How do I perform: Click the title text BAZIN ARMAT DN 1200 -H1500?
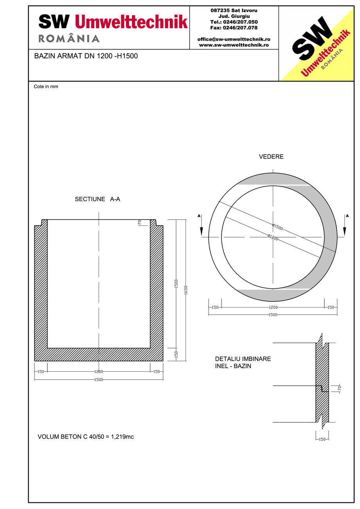tap(86, 56)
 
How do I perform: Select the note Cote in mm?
tap(46, 86)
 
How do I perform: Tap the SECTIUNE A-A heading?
tap(97, 199)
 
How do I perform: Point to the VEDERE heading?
tap(271, 157)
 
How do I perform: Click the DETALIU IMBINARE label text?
tap(243, 359)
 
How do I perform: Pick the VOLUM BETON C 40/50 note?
tap(86, 437)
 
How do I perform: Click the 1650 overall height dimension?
tap(186, 290)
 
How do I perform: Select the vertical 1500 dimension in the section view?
tap(176, 284)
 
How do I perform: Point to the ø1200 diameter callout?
tap(273, 237)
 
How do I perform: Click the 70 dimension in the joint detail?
tap(340, 388)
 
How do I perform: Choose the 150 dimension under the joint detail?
tap(322, 439)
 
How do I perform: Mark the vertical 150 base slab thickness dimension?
tap(176, 354)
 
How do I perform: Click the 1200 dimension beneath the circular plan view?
tap(273, 308)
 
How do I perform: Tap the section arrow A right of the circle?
tap(345, 225)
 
